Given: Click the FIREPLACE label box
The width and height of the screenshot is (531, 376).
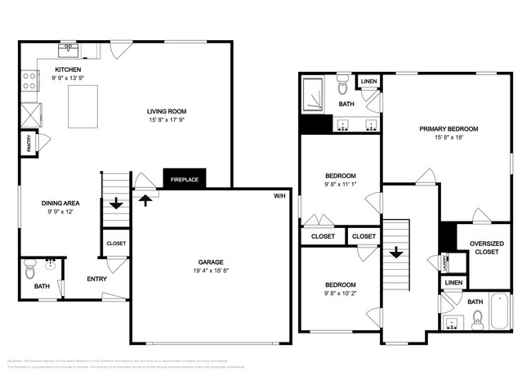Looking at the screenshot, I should pyautogui.click(x=185, y=179).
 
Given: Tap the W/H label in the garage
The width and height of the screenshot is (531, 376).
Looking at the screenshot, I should pyautogui.click(x=279, y=196).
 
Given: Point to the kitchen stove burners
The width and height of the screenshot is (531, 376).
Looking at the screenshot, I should pyautogui.click(x=29, y=81).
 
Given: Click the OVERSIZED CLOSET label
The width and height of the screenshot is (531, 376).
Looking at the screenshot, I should pyautogui.click(x=487, y=248).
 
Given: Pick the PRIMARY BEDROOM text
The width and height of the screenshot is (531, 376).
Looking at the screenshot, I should pyautogui.click(x=448, y=129).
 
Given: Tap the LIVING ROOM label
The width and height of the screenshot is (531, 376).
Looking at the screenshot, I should pyautogui.click(x=167, y=113).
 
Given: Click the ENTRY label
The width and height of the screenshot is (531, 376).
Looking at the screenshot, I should pyautogui.click(x=97, y=280).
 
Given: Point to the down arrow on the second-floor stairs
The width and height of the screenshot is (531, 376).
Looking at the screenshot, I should pyautogui.click(x=396, y=253).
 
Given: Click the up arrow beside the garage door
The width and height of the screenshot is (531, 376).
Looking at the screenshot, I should pyautogui.click(x=145, y=199).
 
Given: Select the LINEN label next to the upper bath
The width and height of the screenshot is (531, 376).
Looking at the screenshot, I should pyautogui.click(x=368, y=82).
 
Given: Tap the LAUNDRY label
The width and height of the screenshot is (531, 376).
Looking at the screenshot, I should pyautogui.click(x=445, y=262).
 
